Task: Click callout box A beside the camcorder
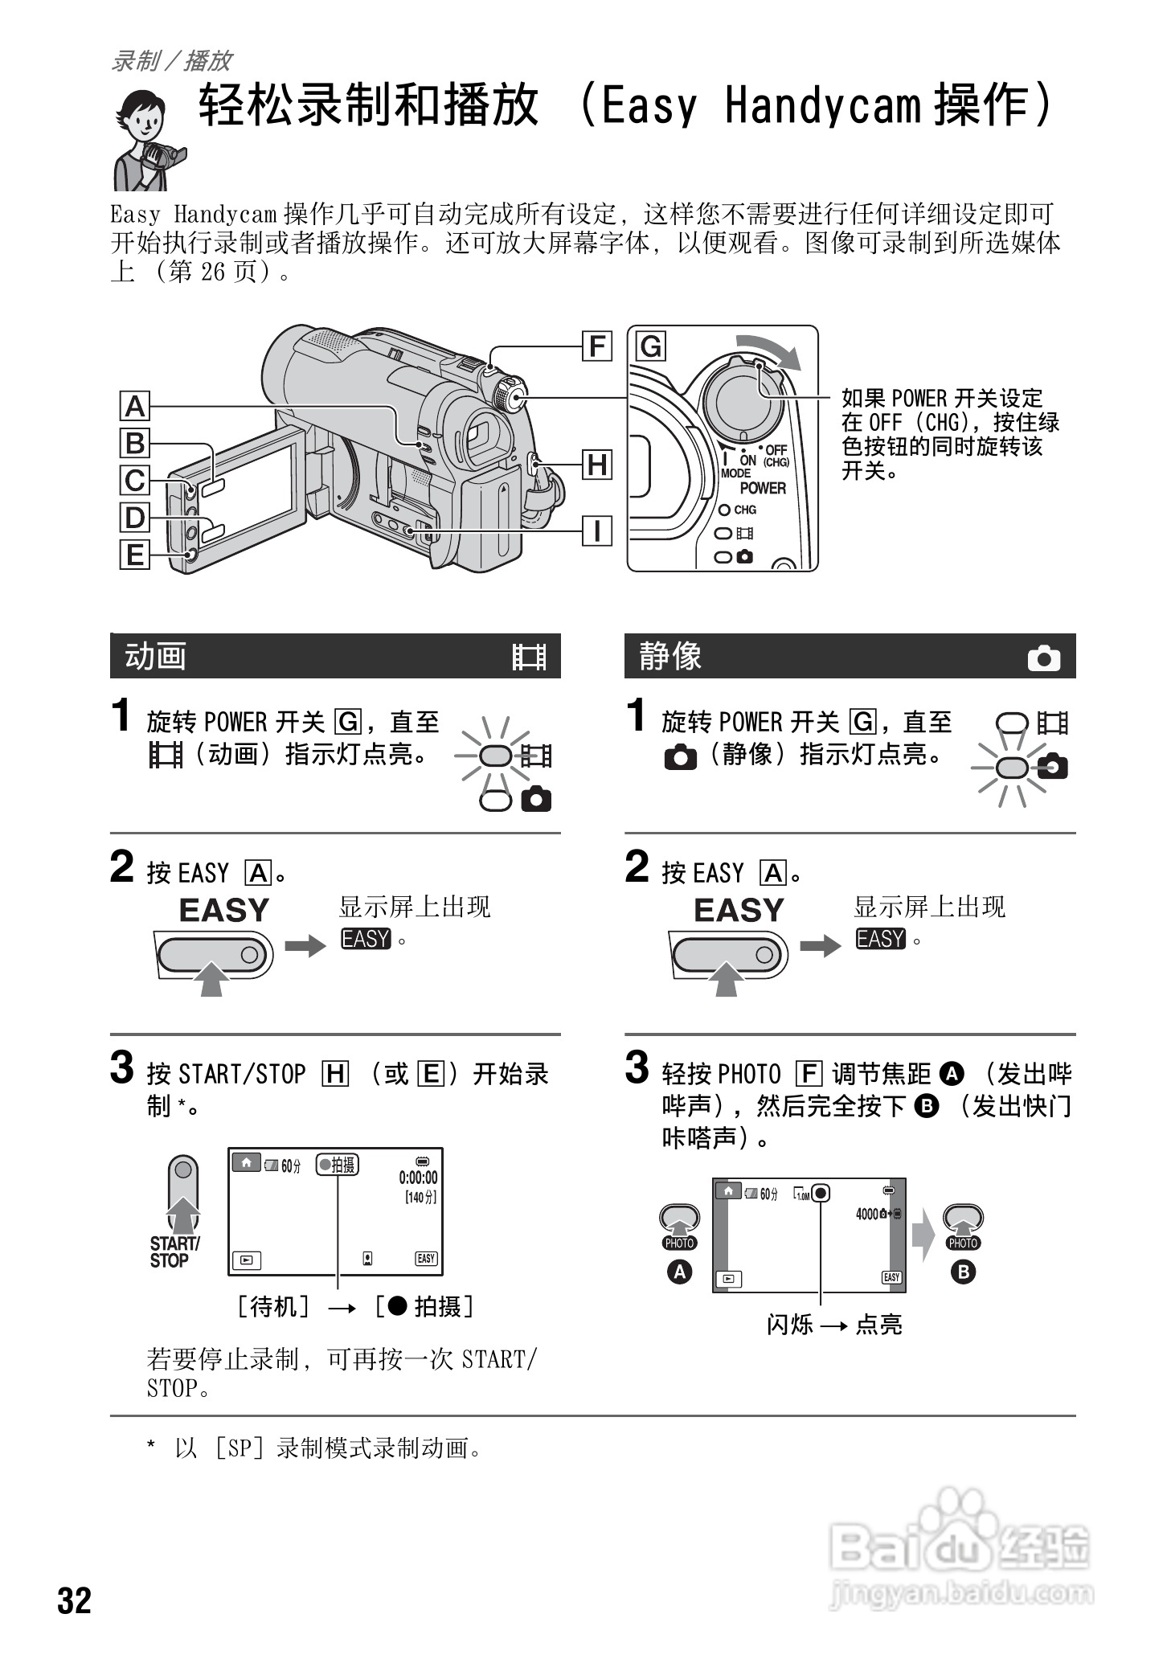click(x=135, y=406)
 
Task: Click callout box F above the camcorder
click(x=596, y=346)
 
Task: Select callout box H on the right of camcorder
click(x=596, y=465)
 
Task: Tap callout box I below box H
click(x=596, y=530)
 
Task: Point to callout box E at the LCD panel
click(x=135, y=555)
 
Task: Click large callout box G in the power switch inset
click(x=651, y=346)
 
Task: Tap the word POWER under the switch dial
click(x=762, y=488)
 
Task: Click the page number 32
click(x=74, y=1600)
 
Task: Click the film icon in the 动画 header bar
click(x=530, y=657)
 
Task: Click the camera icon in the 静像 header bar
click(x=1043, y=658)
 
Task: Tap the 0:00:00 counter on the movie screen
click(x=418, y=1178)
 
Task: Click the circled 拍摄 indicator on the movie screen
click(x=338, y=1164)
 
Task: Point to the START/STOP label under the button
click(x=174, y=1251)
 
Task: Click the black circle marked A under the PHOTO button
click(x=680, y=1272)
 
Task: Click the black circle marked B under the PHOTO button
click(x=962, y=1272)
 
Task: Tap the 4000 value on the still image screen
click(x=868, y=1214)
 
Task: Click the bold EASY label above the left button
click(x=223, y=910)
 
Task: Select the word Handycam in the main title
click(x=821, y=106)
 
